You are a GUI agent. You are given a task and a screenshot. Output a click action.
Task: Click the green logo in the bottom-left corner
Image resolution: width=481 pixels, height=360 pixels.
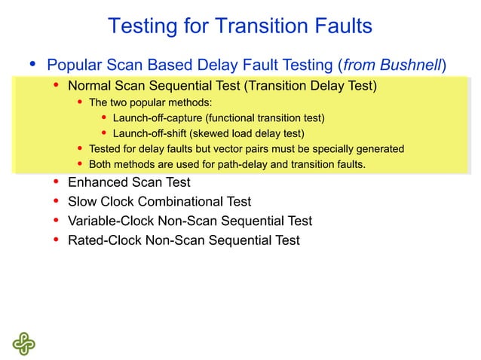pos(23,343)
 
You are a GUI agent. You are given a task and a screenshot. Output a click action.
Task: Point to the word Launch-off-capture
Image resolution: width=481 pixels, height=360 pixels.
pos(158,118)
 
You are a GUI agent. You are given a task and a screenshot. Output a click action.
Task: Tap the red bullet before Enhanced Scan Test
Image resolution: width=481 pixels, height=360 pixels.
pos(57,182)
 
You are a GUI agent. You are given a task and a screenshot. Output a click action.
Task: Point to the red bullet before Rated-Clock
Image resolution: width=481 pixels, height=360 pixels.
pos(57,240)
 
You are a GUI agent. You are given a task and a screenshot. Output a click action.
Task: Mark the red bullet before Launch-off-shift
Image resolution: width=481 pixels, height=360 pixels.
pos(103,133)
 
